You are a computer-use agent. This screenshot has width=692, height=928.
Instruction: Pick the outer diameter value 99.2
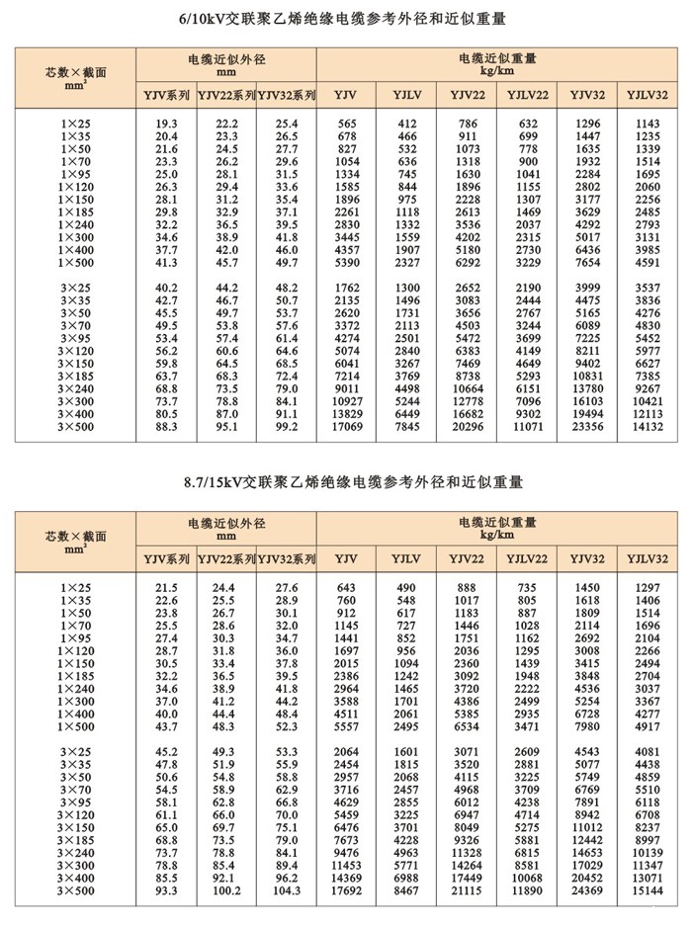pos(287,427)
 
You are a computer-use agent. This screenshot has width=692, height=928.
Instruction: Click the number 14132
pos(647,427)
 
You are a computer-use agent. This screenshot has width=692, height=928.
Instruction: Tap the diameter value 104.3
pos(287,890)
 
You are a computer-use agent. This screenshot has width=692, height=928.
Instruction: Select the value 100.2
pos(226,890)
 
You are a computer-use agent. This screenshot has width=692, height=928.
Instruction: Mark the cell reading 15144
pos(647,890)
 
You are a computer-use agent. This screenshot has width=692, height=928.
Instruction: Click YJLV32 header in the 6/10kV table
pos(647,95)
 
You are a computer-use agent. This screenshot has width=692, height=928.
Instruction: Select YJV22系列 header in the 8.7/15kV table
pos(226,559)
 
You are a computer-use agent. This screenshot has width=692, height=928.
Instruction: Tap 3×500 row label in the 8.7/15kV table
pos(75,890)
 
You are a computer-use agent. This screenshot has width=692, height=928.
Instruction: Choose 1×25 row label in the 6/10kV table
pos(75,123)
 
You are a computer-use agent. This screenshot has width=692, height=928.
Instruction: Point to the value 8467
pos(406,890)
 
